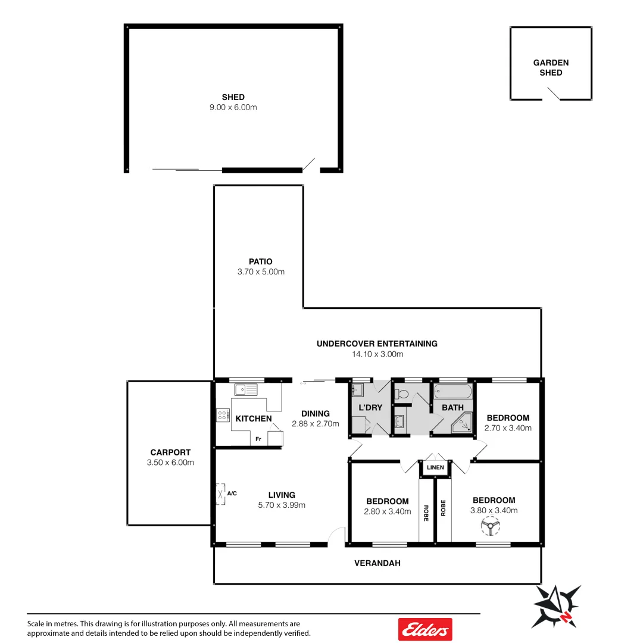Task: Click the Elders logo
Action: [424, 629]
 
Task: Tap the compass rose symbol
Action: [557, 605]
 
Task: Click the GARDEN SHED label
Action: [551, 67]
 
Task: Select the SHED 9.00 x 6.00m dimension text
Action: [233, 107]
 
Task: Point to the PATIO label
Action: [261, 261]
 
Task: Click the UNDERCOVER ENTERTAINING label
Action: [377, 344]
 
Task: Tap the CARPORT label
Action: [170, 452]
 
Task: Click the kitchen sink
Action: [245, 390]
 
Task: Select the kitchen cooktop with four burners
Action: [223, 415]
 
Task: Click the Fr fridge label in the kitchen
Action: [258, 439]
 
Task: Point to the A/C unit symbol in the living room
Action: [221, 494]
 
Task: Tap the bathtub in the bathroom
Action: [453, 393]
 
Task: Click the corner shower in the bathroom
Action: [462, 423]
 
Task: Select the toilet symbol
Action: [402, 394]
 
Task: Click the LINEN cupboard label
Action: [435, 467]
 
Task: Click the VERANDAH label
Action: [377, 563]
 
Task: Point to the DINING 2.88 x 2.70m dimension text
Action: [315, 424]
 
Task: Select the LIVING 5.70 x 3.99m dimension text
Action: [282, 505]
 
